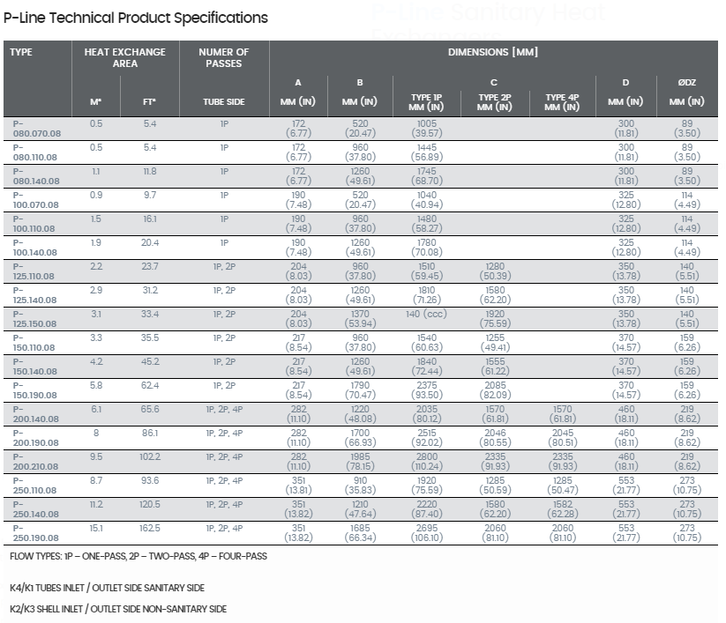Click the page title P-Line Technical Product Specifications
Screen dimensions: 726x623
[x=136, y=18]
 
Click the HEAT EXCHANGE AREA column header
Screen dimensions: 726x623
[x=125, y=58]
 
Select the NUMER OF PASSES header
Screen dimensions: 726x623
[x=224, y=58]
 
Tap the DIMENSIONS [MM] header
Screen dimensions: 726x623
[x=493, y=52]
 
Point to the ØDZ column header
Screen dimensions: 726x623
[x=686, y=83]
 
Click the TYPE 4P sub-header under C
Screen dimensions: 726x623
[x=562, y=102]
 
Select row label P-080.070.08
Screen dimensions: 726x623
[x=36, y=129]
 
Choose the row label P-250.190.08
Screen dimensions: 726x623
[x=35, y=533]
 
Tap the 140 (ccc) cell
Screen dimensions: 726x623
[x=426, y=314]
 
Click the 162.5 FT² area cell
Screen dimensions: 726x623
[x=150, y=528]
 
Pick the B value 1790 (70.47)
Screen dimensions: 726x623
[x=360, y=390]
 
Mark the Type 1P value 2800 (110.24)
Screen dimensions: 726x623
[x=427, y=462]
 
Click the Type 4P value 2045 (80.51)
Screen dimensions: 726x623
[x=563, y=438]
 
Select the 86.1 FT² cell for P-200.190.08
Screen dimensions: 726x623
[x=150, y=434]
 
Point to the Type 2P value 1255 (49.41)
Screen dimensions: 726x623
[x=495, y=343]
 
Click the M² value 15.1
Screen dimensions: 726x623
[x=96, y=528]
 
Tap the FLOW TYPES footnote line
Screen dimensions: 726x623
[x=138, y=556]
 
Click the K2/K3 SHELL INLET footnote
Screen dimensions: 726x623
[x=118, y=609]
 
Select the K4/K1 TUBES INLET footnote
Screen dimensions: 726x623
[x=107, y=588]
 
